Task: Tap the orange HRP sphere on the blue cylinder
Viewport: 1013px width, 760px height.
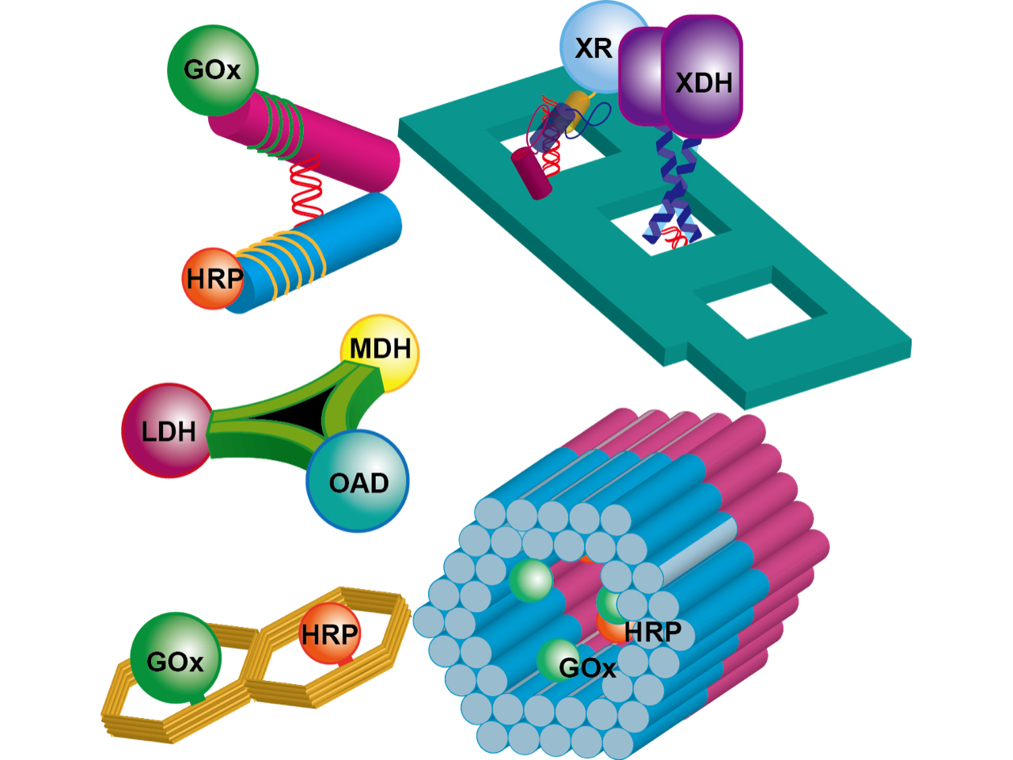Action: pos(211,279)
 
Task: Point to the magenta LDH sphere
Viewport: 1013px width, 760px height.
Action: pos(168,431)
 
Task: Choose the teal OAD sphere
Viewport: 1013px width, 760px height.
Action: pos(358,481)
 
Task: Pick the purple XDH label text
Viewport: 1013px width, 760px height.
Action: pos(703,82)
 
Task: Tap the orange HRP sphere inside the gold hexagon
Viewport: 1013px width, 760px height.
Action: pos(330,633)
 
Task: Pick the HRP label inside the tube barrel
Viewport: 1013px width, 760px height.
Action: pos(651,633)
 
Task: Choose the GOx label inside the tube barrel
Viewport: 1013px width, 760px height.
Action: pos(586,669)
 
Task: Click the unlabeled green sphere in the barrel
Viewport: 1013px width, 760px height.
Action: pos(531,580)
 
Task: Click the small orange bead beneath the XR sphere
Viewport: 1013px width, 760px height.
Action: pos(580,101)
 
